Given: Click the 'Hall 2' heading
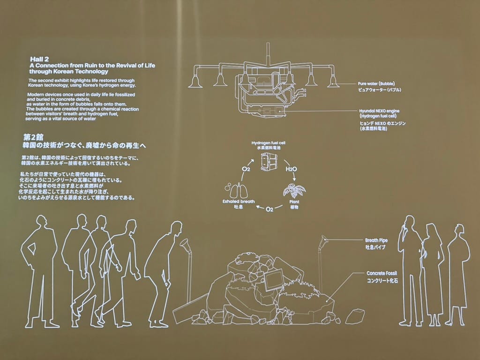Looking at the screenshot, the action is point(39,59).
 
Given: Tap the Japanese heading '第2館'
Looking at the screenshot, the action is point(33,137).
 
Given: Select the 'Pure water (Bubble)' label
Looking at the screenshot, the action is point(376,83).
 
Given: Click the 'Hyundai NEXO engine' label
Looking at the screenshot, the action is point(379,111).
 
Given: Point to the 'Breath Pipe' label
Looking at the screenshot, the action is point(376,240).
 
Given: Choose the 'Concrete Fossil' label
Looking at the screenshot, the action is point(382,273).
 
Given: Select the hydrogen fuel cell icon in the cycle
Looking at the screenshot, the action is point(268,161).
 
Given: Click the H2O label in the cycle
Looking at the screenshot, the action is point(291,169).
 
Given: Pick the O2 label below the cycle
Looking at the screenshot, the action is point(270,210).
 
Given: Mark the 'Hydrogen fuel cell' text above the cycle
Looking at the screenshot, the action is point(269,143).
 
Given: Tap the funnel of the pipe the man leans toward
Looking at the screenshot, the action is point(185,244).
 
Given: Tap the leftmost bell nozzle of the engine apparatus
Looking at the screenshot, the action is point(195,81).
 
